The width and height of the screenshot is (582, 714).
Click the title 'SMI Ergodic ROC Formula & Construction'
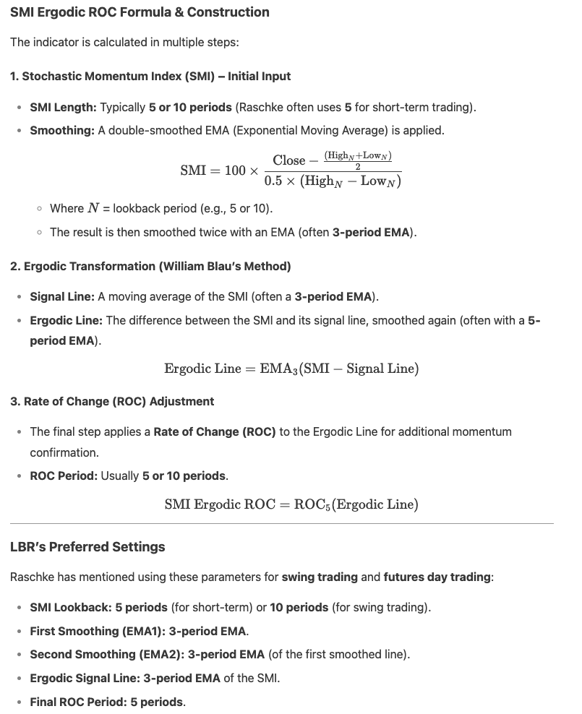pos(140,12)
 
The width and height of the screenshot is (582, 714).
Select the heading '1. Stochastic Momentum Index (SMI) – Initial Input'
pos(150,76)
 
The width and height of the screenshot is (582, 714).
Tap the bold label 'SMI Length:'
pos(63,107)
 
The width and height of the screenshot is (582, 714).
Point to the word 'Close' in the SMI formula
pos(289,160)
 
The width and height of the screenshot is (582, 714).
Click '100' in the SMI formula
pos(235,171)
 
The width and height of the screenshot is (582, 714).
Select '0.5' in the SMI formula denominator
pos(273,181)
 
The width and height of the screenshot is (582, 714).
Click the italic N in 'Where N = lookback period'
pos(93,208)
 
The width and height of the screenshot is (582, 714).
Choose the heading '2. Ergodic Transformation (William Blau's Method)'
pos(150,266)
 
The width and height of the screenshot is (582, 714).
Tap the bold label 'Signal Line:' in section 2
pos(62,296)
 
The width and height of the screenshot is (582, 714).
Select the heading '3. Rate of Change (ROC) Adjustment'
pos(112,401)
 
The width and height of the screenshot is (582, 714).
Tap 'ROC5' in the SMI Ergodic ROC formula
pos(310,504)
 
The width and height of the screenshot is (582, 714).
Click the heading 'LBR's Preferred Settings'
pos(87,547)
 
